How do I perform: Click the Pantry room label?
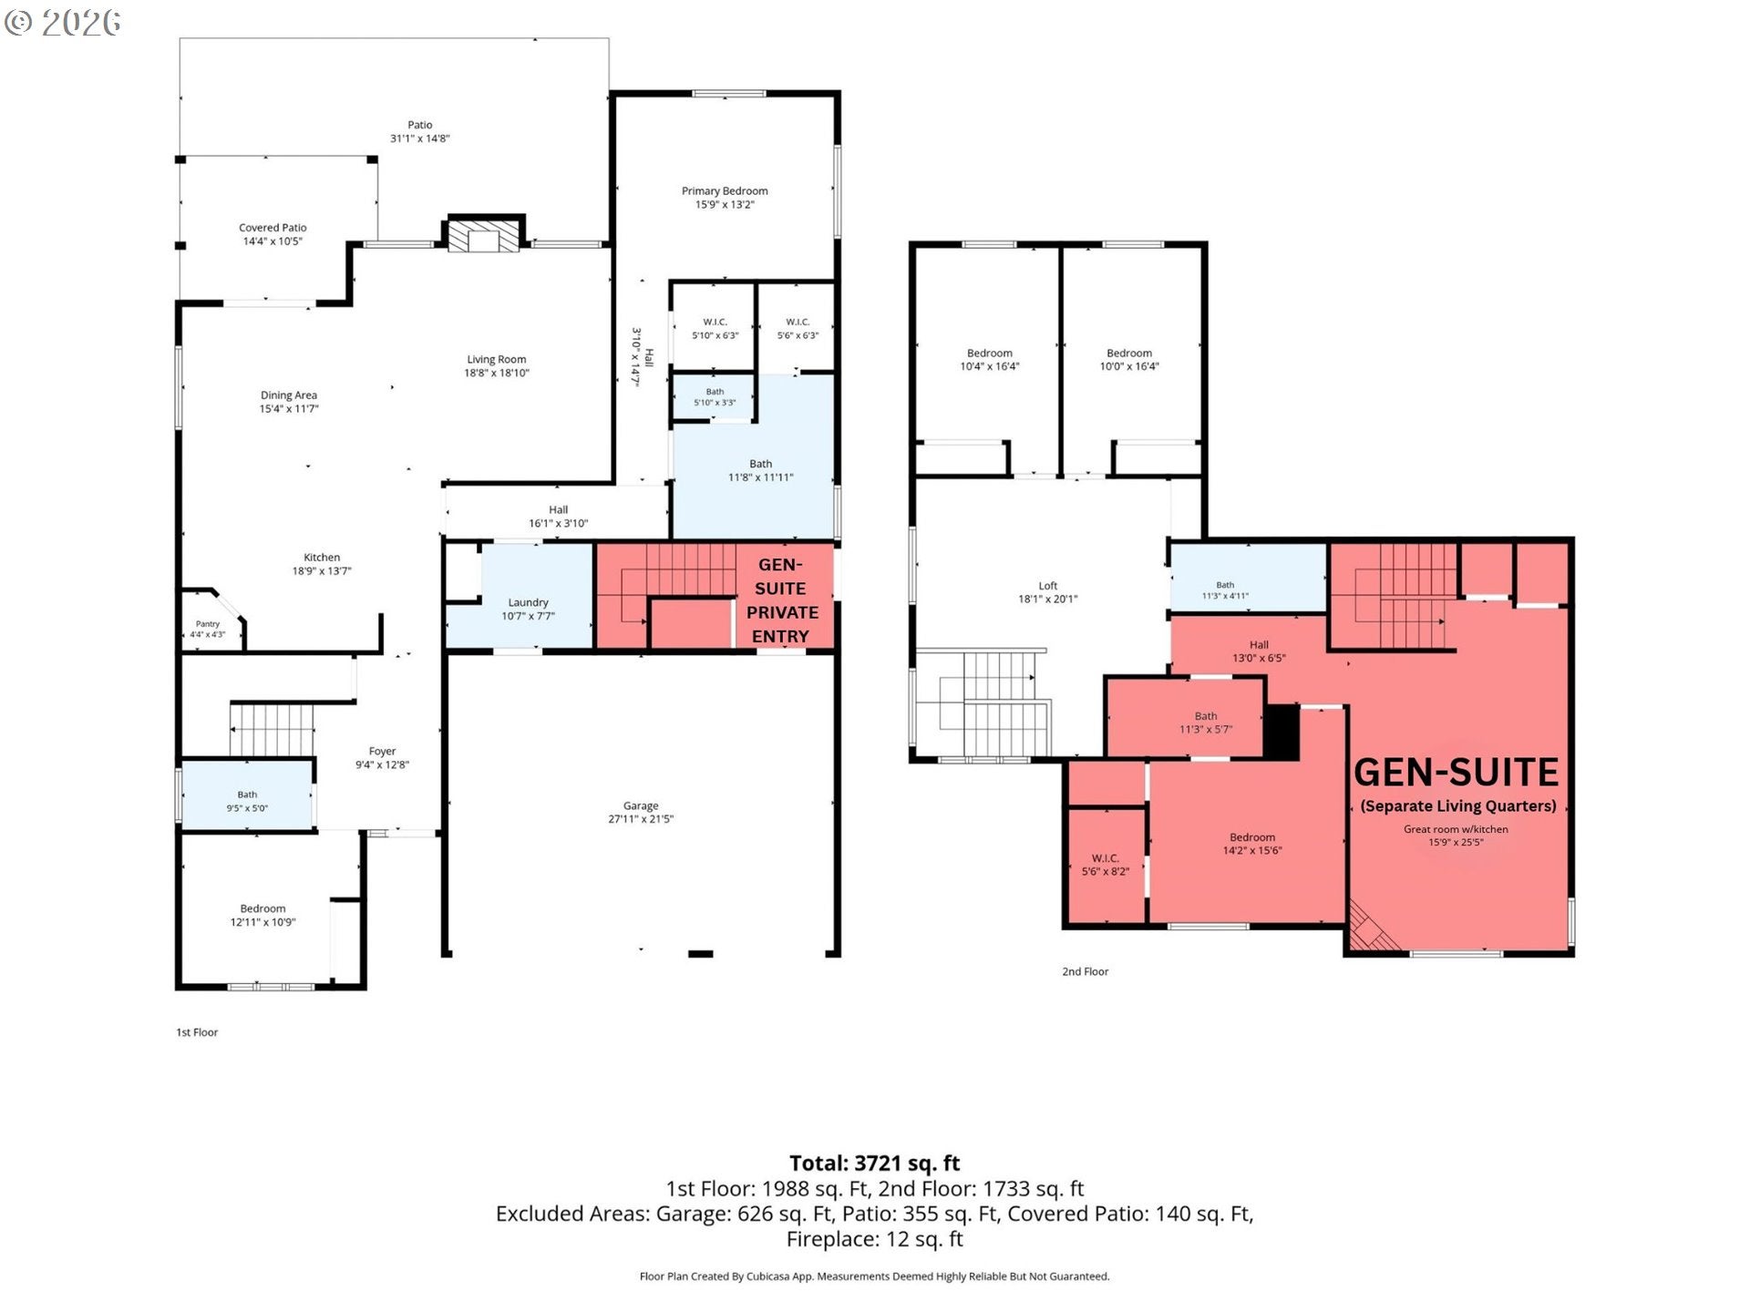208,624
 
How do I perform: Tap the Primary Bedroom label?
725,191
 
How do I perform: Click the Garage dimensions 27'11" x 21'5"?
641,819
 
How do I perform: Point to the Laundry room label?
528,602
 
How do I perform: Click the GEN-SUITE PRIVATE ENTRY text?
781,600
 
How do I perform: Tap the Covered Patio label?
273,228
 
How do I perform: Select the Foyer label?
382,752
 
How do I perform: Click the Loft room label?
1048,586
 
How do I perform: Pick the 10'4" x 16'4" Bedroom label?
989,360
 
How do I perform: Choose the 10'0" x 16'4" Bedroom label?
1129,360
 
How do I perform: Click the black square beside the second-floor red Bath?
1282,732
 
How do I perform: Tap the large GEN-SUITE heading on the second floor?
1457,773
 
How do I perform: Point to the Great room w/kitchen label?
1456,829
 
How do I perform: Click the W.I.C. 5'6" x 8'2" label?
1106,865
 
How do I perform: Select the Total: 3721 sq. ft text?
874,1163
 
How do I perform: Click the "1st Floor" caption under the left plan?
197,1032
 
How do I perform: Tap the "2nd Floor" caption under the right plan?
1085,971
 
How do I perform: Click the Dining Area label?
289,395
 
